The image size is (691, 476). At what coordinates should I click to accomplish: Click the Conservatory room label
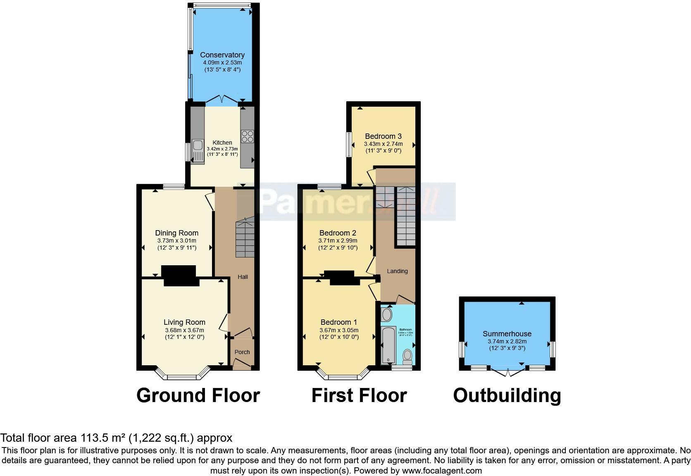point(222,55)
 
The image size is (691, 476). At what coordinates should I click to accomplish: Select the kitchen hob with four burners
point(248,136)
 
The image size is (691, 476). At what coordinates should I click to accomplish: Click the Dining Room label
point(176,233)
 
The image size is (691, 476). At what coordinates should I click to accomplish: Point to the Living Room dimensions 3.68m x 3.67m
point(184,330)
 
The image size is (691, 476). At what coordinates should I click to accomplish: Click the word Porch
point(242,352)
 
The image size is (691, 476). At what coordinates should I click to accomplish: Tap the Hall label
point(243,277)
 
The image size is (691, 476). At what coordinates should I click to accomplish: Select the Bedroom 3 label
point(383,136)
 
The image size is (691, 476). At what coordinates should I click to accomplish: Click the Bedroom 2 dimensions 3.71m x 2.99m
point(338,240)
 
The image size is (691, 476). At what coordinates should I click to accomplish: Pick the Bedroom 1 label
point(339,322)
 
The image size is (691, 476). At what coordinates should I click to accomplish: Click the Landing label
point(397,271)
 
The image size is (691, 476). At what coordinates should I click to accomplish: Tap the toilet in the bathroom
point(407,356)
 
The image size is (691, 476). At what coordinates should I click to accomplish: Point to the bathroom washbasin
point(387,315)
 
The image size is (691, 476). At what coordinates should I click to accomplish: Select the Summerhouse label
point(507,334)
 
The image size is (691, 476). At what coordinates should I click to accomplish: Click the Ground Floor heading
point(198,395)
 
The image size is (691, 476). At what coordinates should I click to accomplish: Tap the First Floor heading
point(359,395)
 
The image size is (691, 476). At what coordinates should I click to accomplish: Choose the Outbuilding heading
point(507,395)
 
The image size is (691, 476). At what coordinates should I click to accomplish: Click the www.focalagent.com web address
point(441,471)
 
